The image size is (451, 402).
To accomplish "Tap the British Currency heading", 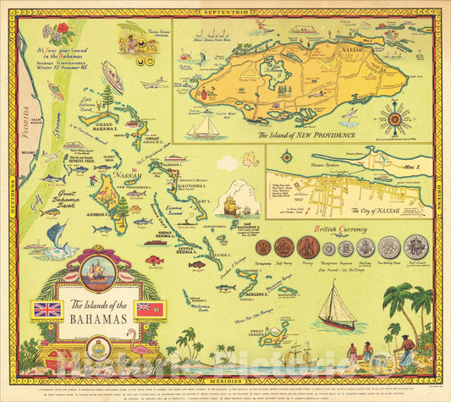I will click(x=338, y=229).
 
